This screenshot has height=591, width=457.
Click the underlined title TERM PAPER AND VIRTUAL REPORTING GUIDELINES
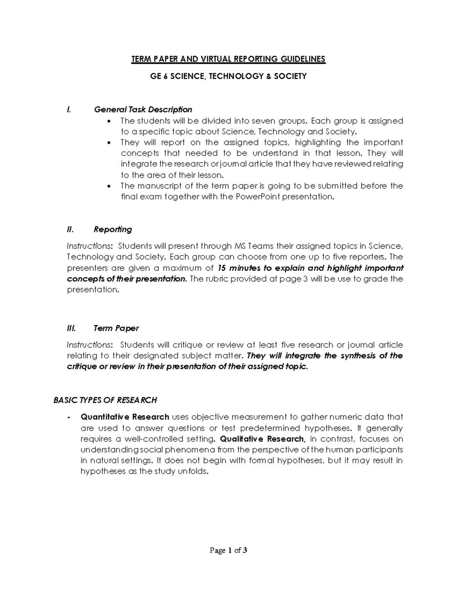pos(228,59)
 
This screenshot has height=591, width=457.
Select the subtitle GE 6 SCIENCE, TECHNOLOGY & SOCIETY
pos(228,76)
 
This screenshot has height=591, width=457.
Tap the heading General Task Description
pos(143,110)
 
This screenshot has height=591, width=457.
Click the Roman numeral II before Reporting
pos(70,229)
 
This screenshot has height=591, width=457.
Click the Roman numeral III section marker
pos(71,328)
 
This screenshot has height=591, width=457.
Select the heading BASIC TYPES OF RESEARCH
pos(105,400)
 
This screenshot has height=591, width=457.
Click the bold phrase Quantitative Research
pos(125,417)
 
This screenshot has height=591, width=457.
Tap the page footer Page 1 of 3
pos(228,550)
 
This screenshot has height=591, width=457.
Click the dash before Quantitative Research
pos(68,417)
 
